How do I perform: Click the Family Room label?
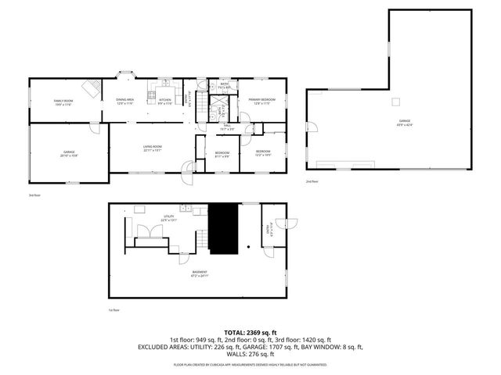63,102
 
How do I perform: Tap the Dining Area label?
125,102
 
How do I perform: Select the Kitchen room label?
165,102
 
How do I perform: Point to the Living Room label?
152,148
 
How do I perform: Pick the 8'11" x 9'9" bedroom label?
222,153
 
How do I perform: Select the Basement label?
200,274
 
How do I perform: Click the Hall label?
228,127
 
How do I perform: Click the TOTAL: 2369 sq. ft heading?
250,333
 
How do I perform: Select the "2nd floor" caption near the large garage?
312,182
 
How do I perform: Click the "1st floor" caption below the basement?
114,309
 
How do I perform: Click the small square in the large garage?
397,100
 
